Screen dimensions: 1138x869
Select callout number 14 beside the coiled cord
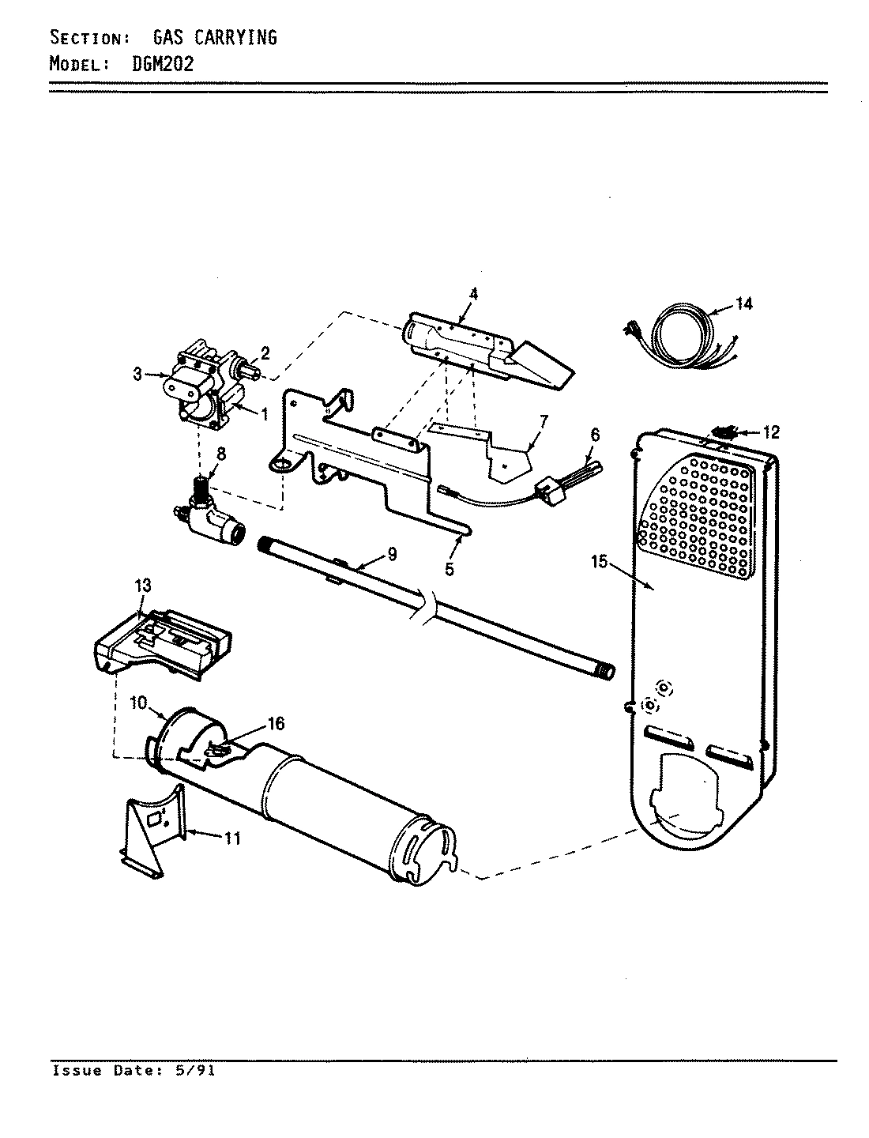pyautogui.click(x=744, y=303)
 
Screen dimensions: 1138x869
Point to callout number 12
pyautogui.click(x=771, y=431)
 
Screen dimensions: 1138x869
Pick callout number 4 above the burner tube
pyautogui.click(x=473, y=294)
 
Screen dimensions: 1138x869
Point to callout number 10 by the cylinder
pyautogui.click(x=139, y=703)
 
